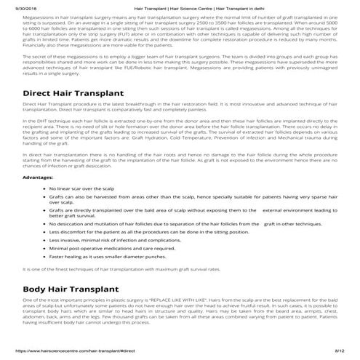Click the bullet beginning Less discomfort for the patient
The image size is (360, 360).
(160, 230)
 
